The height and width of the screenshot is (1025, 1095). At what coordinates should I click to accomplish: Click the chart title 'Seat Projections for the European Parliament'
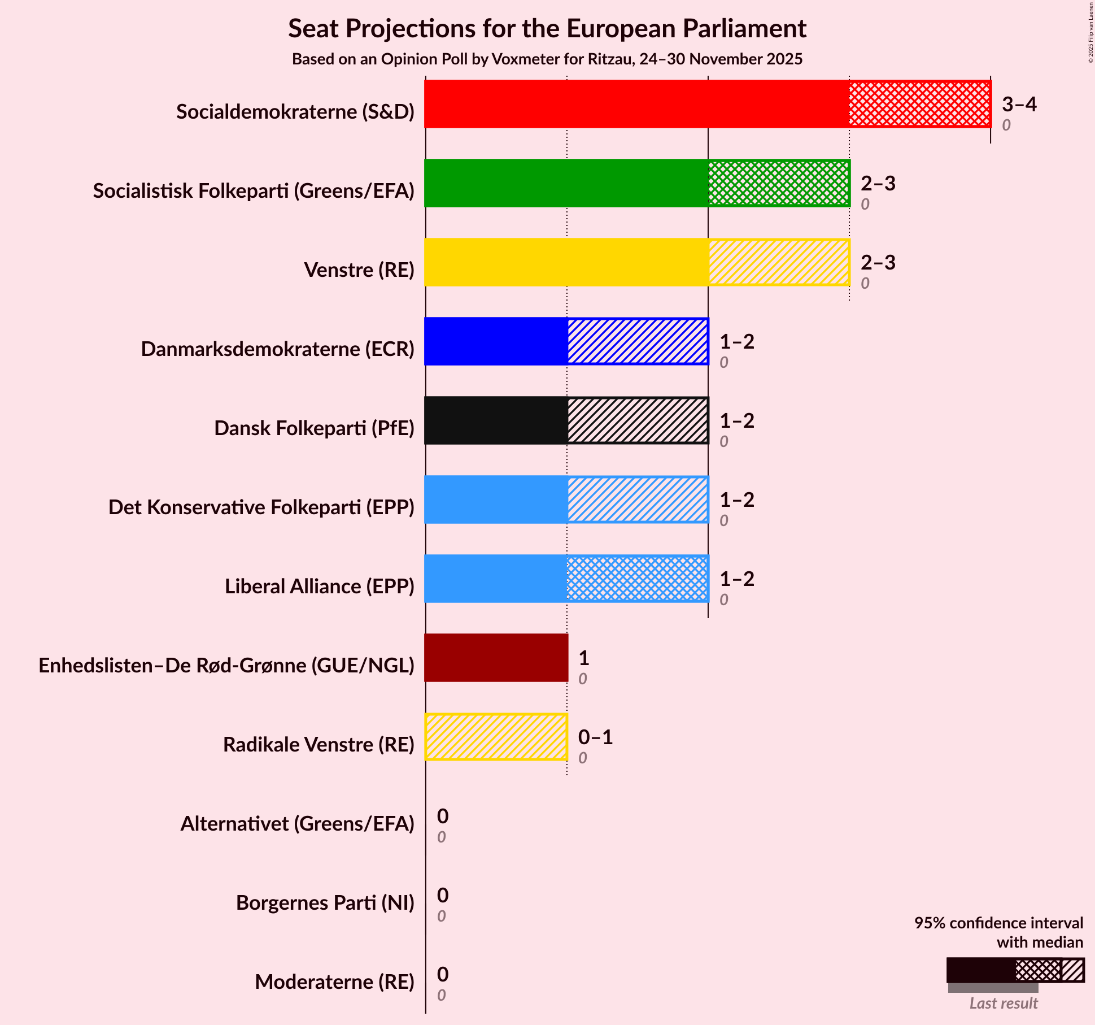coord(547,28)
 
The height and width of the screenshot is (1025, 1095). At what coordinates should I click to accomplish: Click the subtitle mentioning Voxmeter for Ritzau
coord(547,59)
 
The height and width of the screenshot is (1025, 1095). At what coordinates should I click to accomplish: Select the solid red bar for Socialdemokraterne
coord(636,104)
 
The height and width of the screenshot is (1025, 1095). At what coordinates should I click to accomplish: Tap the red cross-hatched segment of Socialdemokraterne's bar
coord(919,104)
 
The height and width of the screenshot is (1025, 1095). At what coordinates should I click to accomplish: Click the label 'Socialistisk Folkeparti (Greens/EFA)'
coord(254,191)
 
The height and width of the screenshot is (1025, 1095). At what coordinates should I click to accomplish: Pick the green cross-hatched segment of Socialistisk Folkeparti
coord(778,183)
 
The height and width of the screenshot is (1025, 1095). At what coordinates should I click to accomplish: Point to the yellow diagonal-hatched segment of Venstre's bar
coord(778,262)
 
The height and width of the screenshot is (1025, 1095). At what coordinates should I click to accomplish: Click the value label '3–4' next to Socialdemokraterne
coord(1019,104)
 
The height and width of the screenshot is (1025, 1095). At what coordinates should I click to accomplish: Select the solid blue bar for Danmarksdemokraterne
coord(496,341)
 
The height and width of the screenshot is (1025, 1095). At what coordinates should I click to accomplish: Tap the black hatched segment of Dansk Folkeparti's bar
coord(637,420)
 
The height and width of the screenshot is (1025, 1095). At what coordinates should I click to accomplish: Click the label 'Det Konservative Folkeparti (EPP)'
coord(261,507)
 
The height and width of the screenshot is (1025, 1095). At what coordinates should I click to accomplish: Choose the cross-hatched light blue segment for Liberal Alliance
coord(637,579)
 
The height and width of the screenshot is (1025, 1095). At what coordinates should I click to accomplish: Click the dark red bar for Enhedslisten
coord(496,658)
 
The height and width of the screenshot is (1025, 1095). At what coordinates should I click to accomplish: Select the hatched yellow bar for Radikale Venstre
coord(496,737)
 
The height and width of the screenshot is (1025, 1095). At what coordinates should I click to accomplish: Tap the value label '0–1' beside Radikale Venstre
coord(595,737)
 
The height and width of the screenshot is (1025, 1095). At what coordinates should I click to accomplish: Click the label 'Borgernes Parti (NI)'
coord(325,903)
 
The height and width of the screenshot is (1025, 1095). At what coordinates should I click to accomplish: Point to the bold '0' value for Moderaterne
coord(443,974)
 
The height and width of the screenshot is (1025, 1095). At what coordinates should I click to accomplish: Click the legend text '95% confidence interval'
coord(998,923)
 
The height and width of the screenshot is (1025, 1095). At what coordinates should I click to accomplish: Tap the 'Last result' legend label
coord(1003,1003)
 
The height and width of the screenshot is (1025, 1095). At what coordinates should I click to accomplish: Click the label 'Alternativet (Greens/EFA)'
coord(297,824)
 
